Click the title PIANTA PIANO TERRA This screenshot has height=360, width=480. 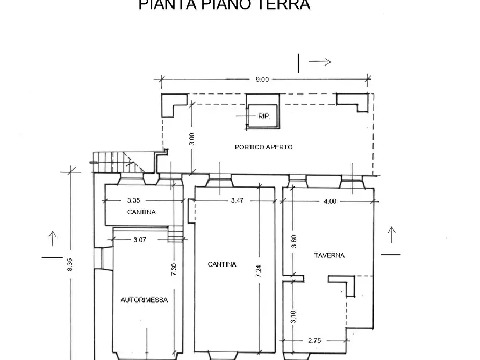224,5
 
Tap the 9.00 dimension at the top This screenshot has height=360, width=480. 262,80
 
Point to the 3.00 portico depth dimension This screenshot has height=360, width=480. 192,139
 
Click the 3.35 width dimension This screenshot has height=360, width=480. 134,201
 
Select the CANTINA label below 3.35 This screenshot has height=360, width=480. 141,212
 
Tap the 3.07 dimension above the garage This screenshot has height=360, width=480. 139,240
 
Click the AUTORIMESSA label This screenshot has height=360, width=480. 144,300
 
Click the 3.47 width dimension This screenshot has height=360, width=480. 237,201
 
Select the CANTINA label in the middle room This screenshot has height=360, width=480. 222,264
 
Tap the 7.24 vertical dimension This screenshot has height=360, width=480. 259,271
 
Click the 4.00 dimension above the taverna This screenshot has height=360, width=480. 330,201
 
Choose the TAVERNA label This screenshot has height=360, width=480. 329,256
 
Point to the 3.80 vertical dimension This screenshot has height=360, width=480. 293,241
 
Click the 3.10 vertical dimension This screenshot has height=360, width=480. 293,316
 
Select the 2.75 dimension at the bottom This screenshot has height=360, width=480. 315,341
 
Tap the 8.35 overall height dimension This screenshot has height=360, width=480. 70,264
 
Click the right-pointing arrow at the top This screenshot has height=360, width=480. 320,62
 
